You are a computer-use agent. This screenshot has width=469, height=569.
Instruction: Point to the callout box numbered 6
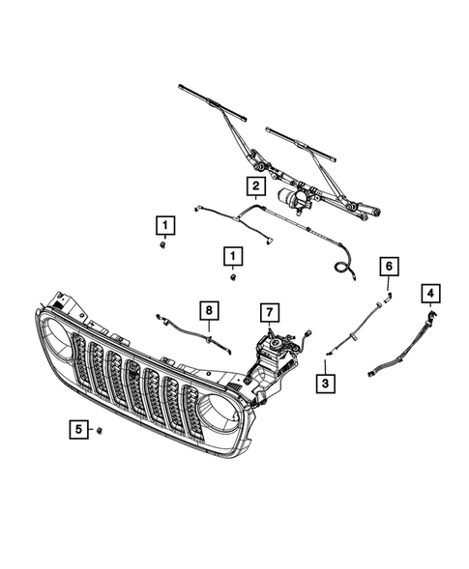pyautogui.click(x=388, y=265)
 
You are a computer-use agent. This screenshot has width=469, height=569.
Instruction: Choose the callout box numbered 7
pyautogui.click(x=270, y=311)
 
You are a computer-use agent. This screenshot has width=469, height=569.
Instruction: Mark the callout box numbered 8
pyautogui.click(x=206, y=310)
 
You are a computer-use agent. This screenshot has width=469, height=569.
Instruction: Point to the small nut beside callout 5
pyautogui.click(x=100, y=429)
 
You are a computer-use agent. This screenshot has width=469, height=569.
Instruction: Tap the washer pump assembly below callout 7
pyautogui.click(x=279, y=349)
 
